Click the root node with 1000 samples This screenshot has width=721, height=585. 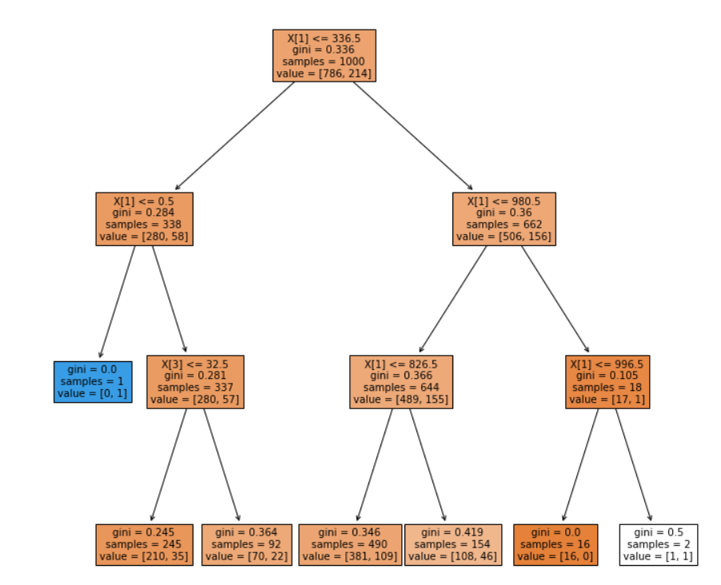[x=324, y=55]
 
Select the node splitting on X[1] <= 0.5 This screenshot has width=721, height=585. [x=144, y=218]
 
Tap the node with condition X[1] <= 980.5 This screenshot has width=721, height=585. [x=504, y=218]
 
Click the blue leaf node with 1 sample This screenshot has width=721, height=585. [x=93, y=381]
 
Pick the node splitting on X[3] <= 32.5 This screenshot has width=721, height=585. [x=195, y=381]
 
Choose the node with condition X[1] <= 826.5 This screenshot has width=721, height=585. [x=401, y=381]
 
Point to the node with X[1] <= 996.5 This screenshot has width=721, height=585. [x=607, y=381]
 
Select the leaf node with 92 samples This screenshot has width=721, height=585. [x=246, y=544]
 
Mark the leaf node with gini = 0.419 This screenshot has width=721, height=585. [x=452, y=544]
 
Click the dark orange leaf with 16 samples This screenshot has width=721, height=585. [x=556, y=544]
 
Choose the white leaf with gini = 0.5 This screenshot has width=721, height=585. [x=659, y=544]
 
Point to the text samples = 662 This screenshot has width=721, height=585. [x=504, y=225]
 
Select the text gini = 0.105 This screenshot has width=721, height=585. [x=607, y=376]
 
